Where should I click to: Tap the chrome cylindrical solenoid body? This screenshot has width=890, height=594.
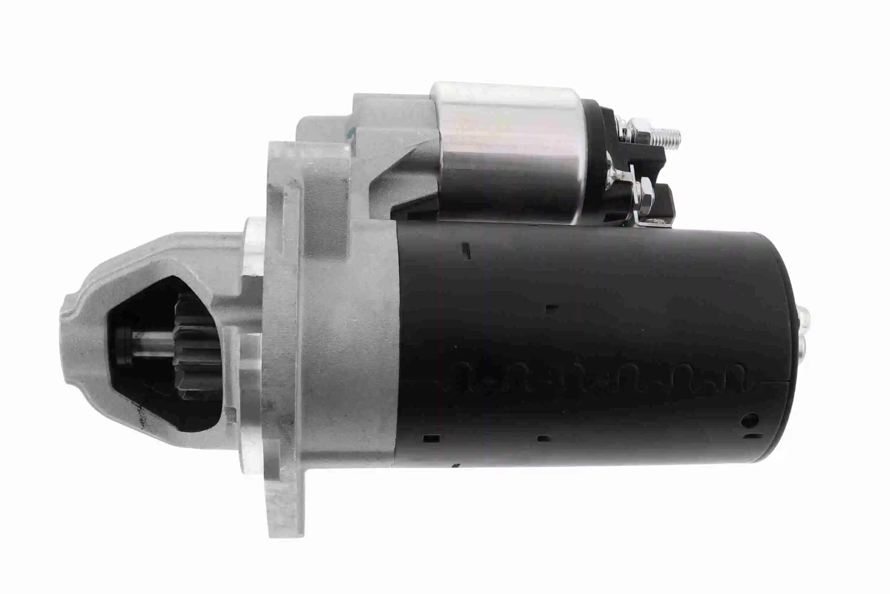(511, 152)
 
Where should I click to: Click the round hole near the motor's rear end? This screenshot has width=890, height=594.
(750, 420)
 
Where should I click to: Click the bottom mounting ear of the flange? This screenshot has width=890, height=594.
(286, 504)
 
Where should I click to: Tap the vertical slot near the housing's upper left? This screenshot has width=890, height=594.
(467, 251)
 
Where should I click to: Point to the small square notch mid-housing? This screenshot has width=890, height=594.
(552, 308)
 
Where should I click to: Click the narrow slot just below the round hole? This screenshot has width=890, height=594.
(753, 436)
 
